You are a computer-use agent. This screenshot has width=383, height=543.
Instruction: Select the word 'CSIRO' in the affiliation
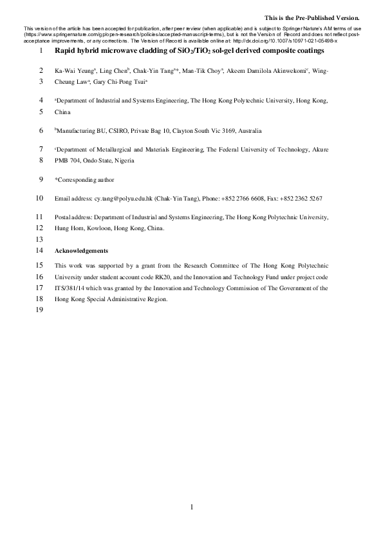pyautogui.click(x=115, y=130)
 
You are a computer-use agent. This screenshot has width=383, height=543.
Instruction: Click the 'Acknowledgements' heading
pyautogui.click(x=82, y=250)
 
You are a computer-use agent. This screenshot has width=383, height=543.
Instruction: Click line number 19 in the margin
pyautogui.click(x=40, y=310)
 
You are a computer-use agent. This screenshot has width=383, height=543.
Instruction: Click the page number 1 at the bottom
pyautogui.click(x=192, y=508)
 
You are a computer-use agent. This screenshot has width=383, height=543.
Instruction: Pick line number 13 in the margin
pyautogui.click(x=40, y=239)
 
